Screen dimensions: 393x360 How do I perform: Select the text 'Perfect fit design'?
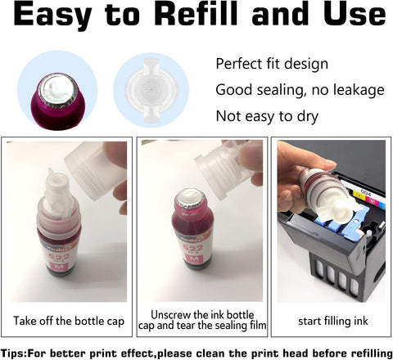(272, 64)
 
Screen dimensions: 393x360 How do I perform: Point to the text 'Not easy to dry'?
(267, 116)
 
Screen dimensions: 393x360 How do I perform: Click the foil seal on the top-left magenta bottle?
(57, 90)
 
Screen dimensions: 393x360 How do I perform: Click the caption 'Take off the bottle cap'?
(69, 321)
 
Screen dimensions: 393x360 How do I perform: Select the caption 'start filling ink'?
(333, 321)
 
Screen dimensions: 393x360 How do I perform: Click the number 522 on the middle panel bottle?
(193, 248)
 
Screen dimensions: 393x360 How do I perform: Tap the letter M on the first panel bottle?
(59, 266)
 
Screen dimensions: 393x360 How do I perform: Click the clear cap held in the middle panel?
(224, 169)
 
